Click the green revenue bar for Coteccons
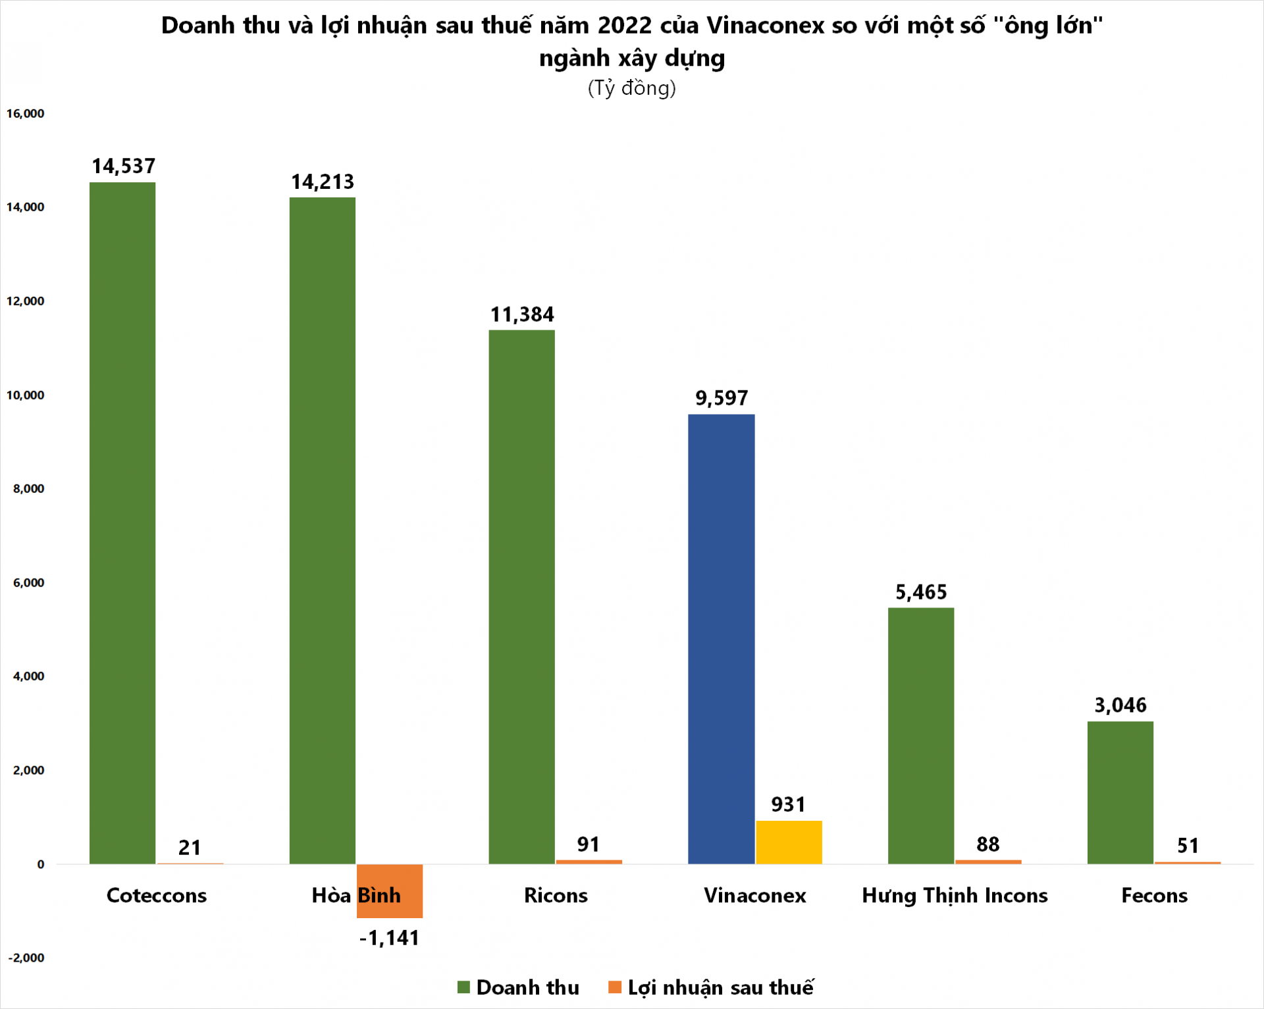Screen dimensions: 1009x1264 122,523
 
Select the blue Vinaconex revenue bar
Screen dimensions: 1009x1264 721,638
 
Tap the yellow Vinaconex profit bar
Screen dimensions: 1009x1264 789,842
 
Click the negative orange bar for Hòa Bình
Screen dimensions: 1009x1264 390,891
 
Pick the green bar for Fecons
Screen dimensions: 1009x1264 1120,792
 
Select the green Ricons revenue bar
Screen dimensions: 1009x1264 521,596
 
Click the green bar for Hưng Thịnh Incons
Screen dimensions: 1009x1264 920,735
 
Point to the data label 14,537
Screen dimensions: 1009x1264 123,166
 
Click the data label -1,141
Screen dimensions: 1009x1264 389,937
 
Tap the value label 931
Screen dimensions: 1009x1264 788,804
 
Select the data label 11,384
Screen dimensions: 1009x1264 522,314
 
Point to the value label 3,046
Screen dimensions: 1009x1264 1120,705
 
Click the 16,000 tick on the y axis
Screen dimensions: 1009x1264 25,113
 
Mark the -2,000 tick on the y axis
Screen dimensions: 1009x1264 26,958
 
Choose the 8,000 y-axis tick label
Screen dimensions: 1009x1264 28,488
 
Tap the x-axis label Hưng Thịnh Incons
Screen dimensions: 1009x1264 955,895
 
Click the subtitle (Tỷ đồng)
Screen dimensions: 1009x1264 631,88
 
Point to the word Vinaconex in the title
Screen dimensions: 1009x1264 765,25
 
